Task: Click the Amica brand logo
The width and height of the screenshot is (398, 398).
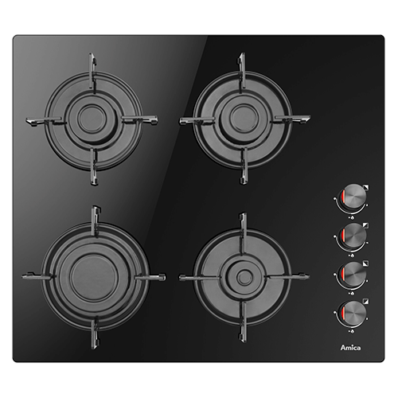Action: click(350, 347)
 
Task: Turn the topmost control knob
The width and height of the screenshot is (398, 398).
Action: click(353, 197)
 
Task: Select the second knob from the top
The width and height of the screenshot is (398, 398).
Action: click(353, 236)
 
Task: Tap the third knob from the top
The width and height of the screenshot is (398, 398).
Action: click(353, 275)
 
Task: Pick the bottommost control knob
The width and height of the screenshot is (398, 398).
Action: click(353, 313)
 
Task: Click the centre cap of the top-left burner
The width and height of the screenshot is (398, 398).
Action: click(92, 119)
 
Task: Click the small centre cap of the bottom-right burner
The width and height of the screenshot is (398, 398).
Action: click(244, 277)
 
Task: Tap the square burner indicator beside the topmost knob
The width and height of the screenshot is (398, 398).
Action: click(366, 187)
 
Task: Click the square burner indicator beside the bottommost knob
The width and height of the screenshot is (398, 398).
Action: click(366, 302)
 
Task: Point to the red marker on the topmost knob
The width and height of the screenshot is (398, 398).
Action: click(343, 198)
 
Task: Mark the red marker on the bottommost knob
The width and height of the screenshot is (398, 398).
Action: click(343, 313)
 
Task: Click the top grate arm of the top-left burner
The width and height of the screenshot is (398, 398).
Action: click(92, 72)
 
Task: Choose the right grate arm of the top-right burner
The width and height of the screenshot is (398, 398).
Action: click(292, 119)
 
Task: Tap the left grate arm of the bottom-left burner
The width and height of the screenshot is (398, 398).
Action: click(38, 277)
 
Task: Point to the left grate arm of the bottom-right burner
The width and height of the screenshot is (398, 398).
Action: click(199, 278)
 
